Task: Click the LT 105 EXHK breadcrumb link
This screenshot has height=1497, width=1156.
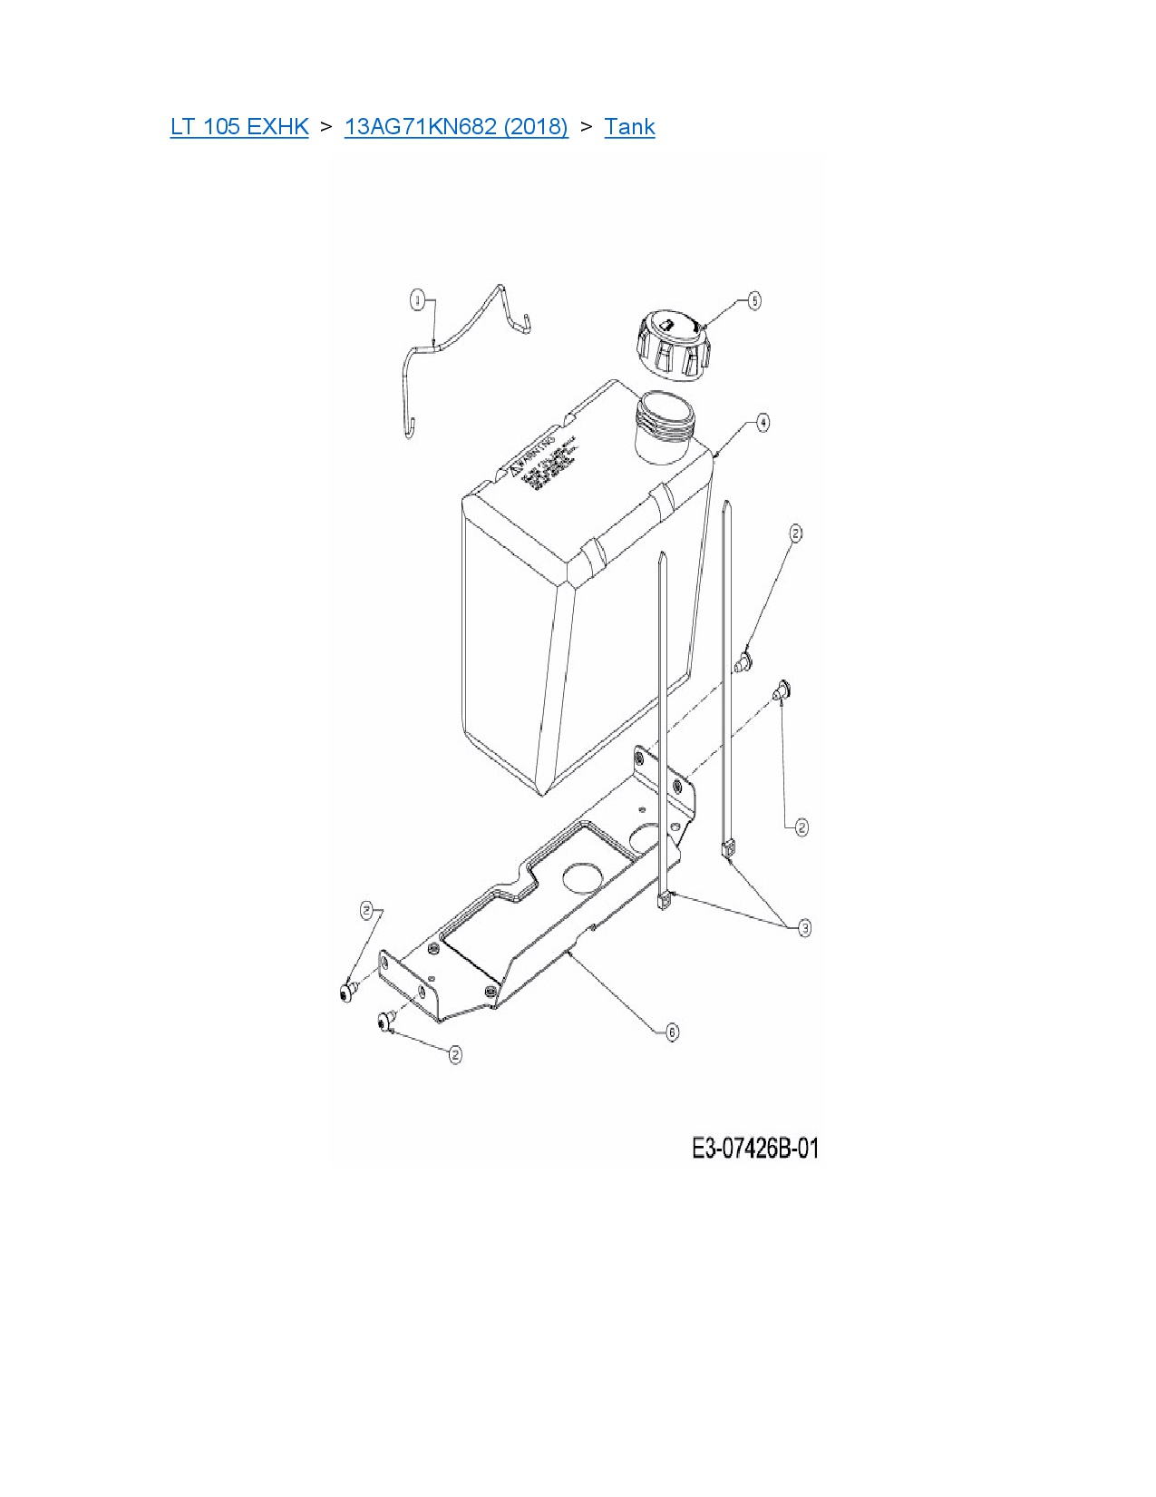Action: [x=239, y=126]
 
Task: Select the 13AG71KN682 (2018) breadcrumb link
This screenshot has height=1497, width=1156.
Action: [x=456, y=126]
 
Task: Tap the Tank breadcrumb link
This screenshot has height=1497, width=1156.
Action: [x=629, y=126]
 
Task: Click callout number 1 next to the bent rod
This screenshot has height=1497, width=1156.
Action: [x=417, y=300]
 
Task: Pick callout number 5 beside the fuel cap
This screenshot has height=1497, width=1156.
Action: [x=754, y=300]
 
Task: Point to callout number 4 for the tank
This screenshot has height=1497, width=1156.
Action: [x=763, y=423]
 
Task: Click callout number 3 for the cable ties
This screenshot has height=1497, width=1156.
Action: [x=804, y=927]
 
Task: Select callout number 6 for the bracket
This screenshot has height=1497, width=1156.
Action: [x=672, y=1032]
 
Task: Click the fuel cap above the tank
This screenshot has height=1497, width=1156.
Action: [x=670, y=346]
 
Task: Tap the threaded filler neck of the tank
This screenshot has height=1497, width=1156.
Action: [x=665, y=423]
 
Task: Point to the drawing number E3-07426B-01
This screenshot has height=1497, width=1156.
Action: [x=755, y=1149]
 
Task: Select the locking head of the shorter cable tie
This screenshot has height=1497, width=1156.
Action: [x=665, y=901]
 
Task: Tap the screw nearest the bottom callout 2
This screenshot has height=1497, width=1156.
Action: [x=385, y=1022]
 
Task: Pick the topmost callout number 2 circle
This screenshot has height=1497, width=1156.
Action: [x=795, y=533]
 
